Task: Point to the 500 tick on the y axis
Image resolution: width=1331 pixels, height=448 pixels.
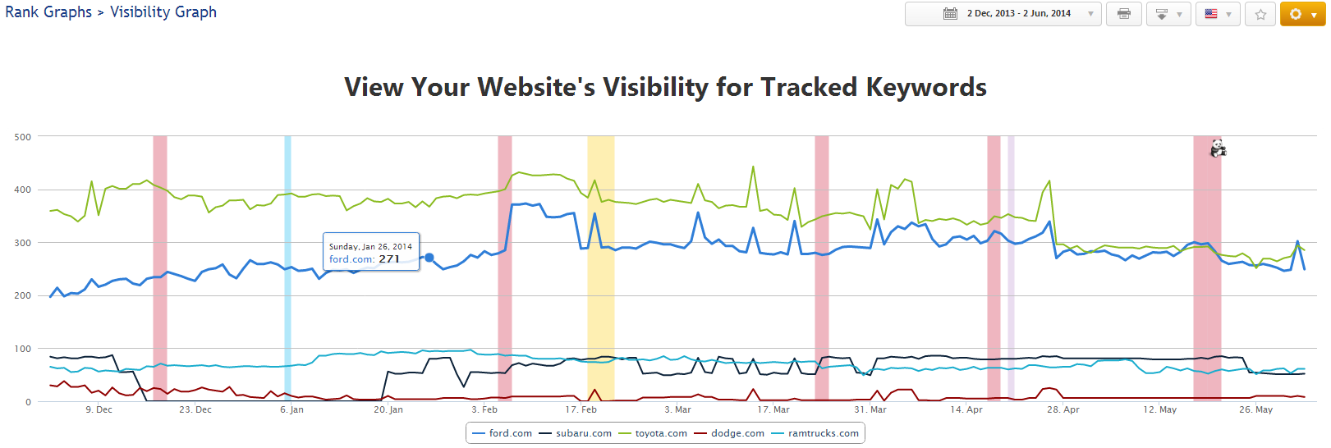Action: click(x=23, y=137)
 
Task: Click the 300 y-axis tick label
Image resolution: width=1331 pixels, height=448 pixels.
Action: click(x=23, y=243)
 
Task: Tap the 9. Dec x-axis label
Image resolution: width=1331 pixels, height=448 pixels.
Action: click(x=99, y=409)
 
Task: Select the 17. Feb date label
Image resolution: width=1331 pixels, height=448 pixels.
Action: click(x=581, y=409)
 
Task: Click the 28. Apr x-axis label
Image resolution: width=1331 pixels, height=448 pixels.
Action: click(x=1063, y=409)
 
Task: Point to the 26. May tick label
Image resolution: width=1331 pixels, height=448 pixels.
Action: click(x=1255, y=409)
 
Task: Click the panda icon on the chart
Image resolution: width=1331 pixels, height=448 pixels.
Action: click(x=1218, y=149)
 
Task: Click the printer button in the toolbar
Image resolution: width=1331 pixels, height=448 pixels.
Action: click(x=1123, y=14)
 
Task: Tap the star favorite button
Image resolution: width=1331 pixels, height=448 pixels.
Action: click(x=1260, y=14)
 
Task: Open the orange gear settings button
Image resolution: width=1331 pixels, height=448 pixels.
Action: click(x=1302, y=14)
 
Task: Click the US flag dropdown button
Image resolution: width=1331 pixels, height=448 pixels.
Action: click(x=1217, y=14)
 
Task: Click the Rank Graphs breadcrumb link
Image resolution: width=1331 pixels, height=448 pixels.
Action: click(x=48, y=12)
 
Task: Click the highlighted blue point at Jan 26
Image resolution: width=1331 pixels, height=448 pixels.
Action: click(x=429, y=258)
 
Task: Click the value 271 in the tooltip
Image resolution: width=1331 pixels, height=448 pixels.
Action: click(x=389, y=259)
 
